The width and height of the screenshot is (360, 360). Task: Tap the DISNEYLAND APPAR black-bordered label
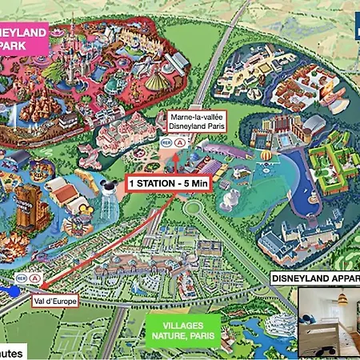[315, 278]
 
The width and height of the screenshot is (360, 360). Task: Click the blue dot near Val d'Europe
[14, 291]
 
